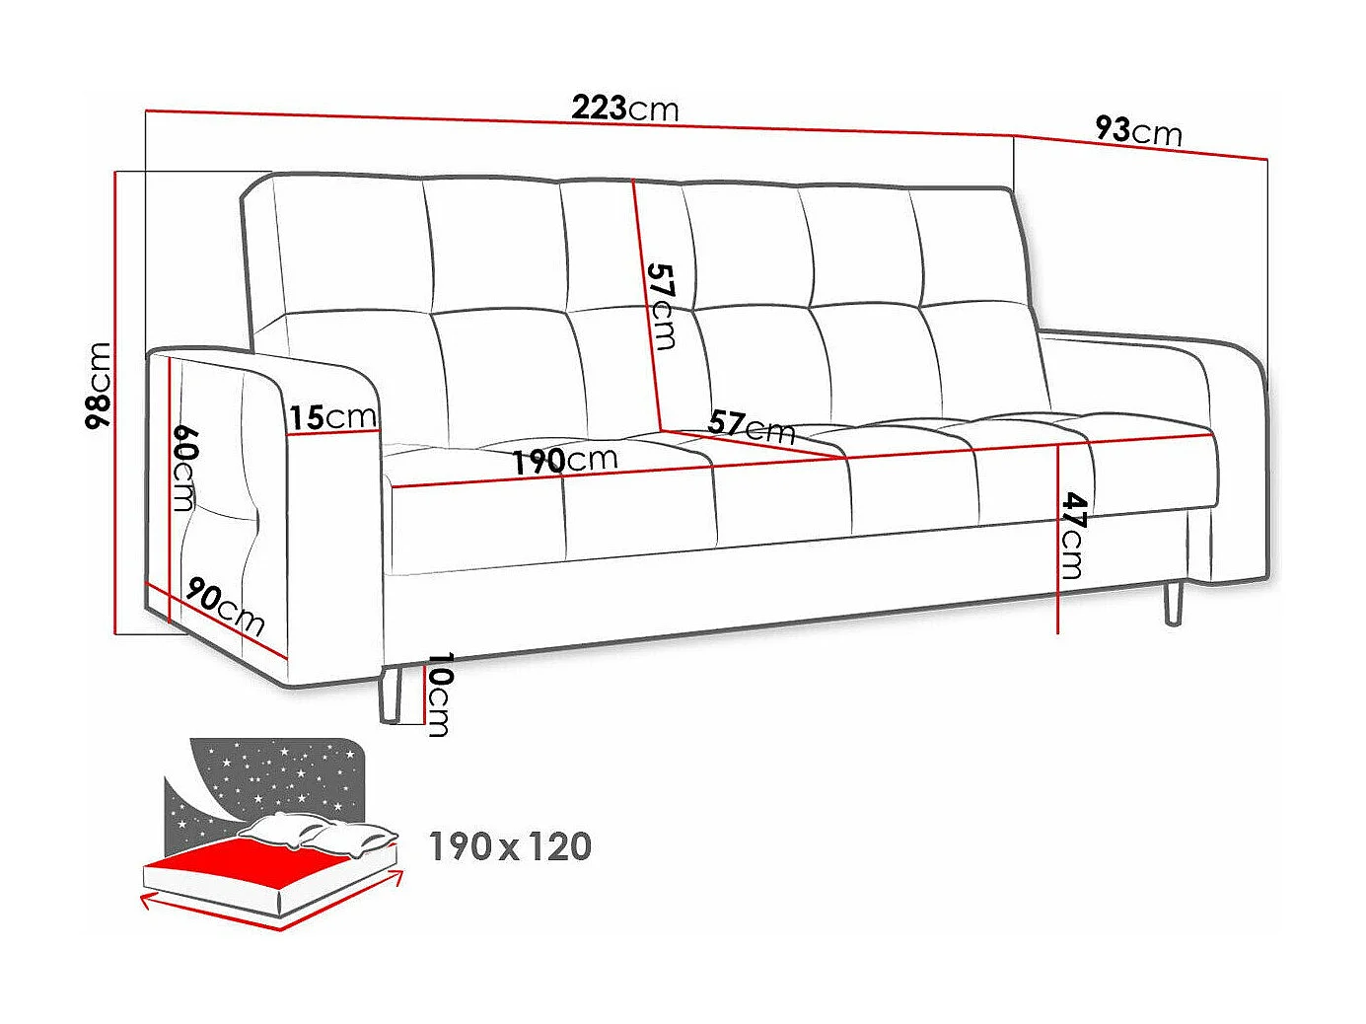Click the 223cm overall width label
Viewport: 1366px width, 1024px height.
[625, 108]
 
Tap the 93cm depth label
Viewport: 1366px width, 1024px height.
[1138, 130]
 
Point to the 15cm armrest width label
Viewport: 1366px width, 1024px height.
[332, 417]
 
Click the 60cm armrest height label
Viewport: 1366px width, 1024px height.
[184, 468]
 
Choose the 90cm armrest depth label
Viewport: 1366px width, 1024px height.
[225, 607]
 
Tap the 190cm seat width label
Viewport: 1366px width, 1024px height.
[564, 460]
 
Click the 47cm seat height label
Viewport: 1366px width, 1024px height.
[1072, 536]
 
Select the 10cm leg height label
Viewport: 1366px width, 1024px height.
[438, 694]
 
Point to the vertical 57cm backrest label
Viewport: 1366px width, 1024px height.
[661, 306]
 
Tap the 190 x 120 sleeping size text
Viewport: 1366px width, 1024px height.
[510, 846]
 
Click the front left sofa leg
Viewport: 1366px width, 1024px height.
[389, 695]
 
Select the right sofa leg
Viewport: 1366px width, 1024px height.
[1173, 603]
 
